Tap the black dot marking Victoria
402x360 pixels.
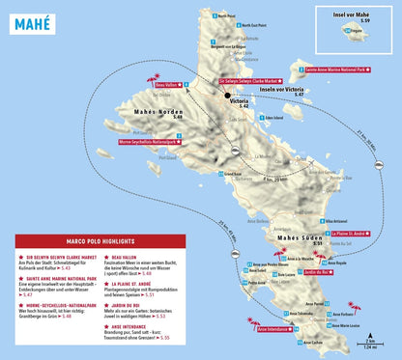(229, 97)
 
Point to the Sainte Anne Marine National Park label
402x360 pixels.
(336, 69)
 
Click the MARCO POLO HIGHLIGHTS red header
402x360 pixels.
(65, 242)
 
